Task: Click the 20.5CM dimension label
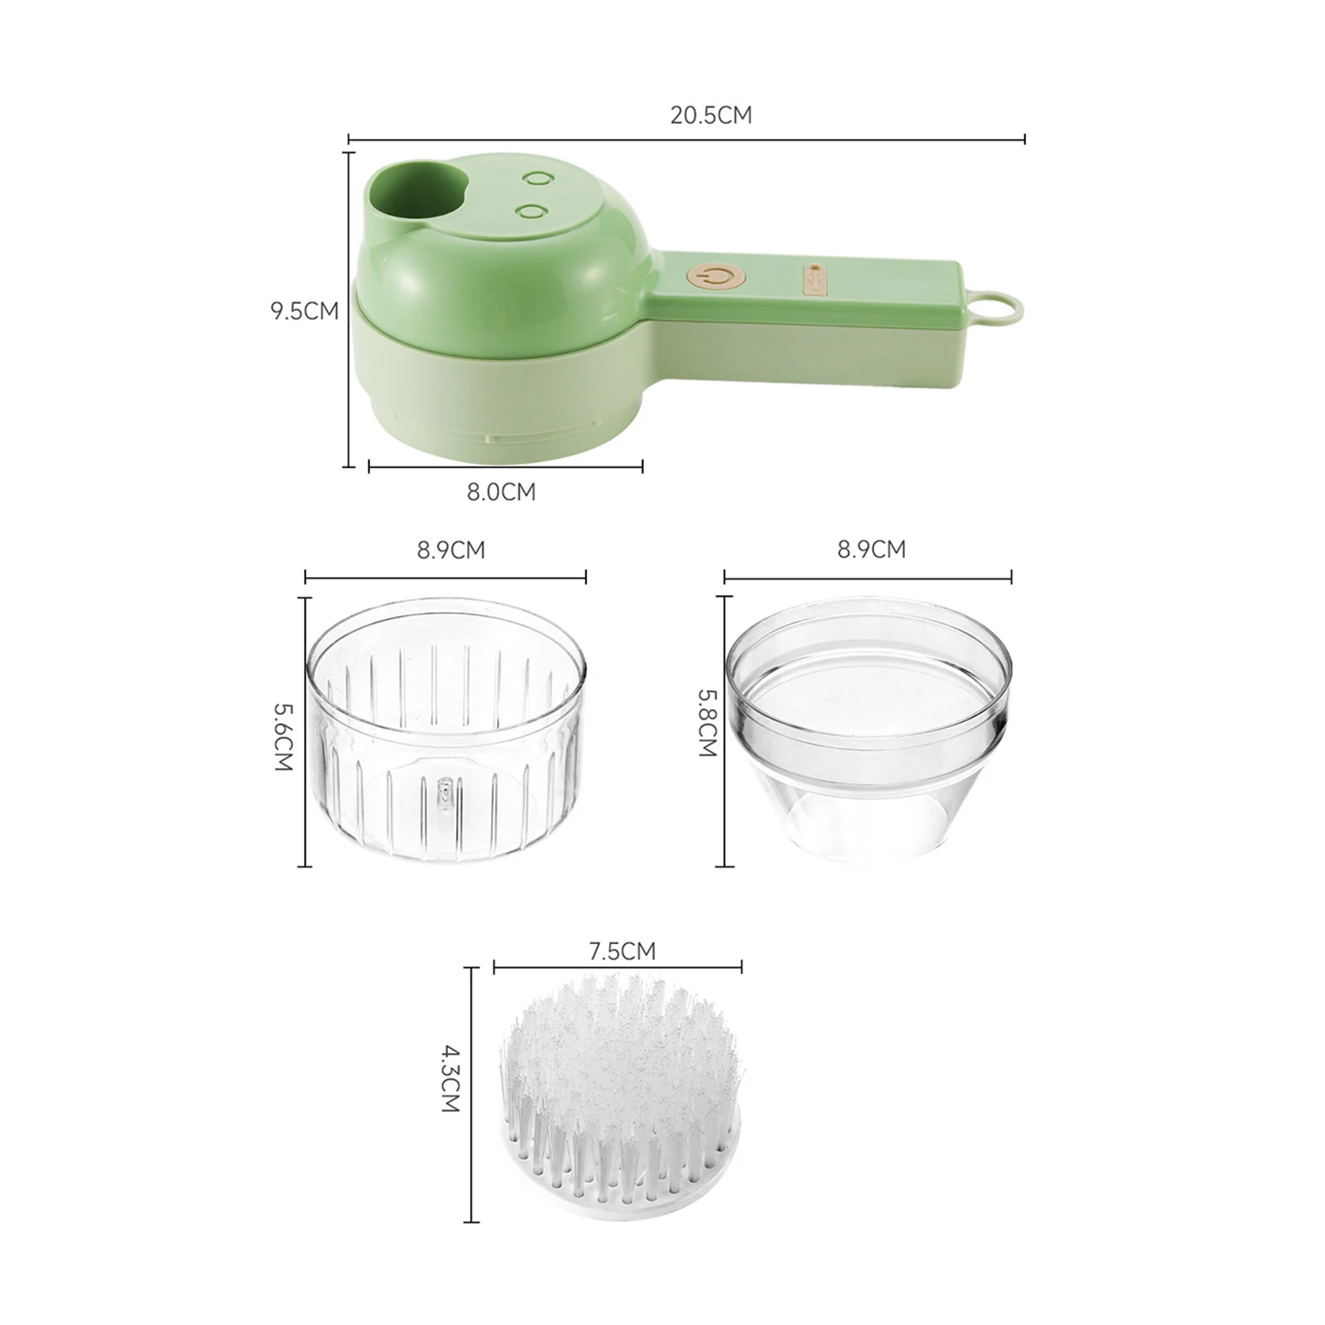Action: coord(711,114)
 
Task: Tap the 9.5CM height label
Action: coord(305,311)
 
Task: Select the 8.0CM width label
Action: coord(501,492)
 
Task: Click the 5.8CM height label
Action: coord(707,724)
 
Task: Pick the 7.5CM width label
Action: coord(622,952)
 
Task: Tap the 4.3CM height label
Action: coord(449,1079)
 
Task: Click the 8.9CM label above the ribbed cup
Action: coord(450,550)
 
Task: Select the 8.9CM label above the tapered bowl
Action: coord(871,549)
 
